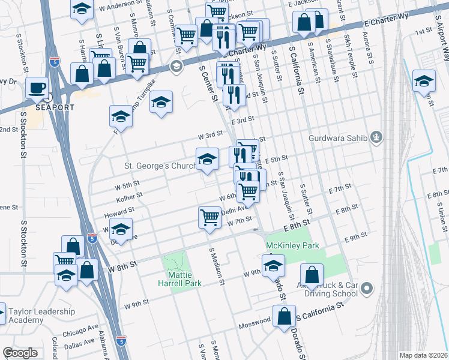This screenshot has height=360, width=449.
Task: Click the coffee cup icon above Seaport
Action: tap(37, 88)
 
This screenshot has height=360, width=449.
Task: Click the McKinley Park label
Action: tap(292, 245)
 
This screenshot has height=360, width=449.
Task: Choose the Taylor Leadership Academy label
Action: tap(41, 316)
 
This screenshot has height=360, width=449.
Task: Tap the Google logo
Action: tap(20, 353)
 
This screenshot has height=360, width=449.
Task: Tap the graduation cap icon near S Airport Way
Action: tap(424, 80)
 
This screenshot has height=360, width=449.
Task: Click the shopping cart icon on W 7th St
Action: tap(209, 217)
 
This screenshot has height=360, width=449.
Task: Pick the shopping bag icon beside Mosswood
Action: tap(285, 316)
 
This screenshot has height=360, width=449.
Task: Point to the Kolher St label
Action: tap(129, 195)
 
